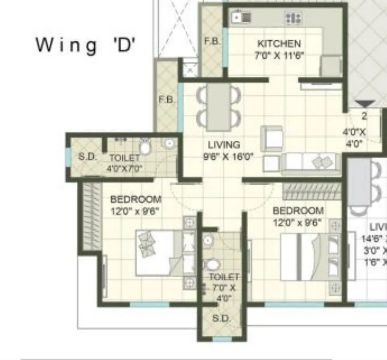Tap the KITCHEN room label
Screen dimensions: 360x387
[x=279, y=44]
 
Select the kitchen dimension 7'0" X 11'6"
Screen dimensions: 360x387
[x=279, y=54]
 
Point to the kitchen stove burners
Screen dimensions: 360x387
[x=293, y=18]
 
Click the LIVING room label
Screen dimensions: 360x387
[x=224, y=145]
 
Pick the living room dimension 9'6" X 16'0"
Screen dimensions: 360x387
[x=228, y=156]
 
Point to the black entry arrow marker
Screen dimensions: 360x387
[x=365, y=104]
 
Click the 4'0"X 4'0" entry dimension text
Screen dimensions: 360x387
[x=354, y=137]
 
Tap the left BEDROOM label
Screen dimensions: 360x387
[x=135, y=199]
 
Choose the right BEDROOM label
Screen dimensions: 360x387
[x=298, y=210]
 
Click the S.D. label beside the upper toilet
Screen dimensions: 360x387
[x=87, y=157]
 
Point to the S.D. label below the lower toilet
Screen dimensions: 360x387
[x=221, y=319]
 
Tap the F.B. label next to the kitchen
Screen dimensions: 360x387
[x=211, y=41]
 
